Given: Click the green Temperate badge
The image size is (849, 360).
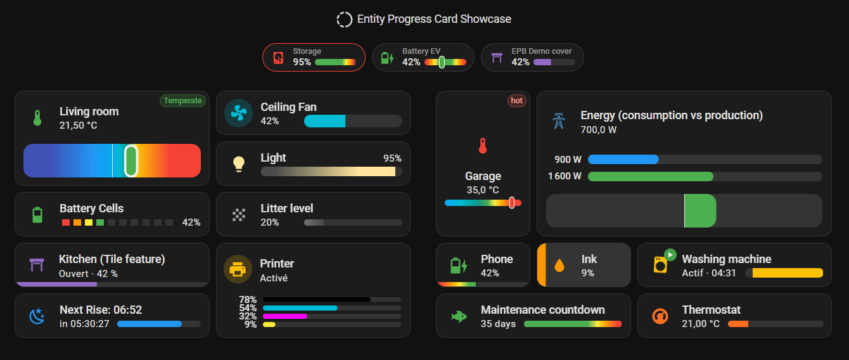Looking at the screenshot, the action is (x=182, y=101).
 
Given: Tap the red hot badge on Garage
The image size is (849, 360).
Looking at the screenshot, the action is (x=516, y=101).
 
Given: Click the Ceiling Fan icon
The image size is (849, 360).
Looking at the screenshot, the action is (x=238, y=113).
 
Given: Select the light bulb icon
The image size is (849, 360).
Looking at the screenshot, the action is (x=239, y=164).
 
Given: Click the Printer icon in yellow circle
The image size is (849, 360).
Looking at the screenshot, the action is (x=238, y=269).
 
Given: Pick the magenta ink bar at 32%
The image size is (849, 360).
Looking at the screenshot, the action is (x=284, y=316).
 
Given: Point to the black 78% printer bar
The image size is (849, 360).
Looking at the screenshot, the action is (x=317, y=299).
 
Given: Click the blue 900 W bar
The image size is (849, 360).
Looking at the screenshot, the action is (x=623, y=159).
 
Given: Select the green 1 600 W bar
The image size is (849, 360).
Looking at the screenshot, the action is (x=651, y=176).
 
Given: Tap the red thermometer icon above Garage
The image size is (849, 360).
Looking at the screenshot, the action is (x=483, y=146).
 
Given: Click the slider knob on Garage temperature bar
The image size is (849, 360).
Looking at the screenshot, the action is (x=512, y=203).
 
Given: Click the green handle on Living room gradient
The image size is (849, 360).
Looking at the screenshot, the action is (x=131, y=160).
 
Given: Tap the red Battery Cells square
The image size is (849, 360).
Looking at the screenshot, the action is (x=65, y=222).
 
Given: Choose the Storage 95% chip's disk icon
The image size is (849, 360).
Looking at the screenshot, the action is (x=278, y=58).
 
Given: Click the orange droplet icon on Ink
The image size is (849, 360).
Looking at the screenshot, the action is (x=559, y=265).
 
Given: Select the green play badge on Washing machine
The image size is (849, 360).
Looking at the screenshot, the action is (x=670, y=255).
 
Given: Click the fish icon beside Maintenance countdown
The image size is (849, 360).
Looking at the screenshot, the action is (x=459, y=316).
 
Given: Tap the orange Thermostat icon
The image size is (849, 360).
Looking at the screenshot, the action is (x=660, y=316).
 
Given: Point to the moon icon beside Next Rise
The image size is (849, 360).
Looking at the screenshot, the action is (x=37, y=316).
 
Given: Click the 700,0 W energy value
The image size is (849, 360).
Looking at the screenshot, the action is (x=599, y=130).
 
